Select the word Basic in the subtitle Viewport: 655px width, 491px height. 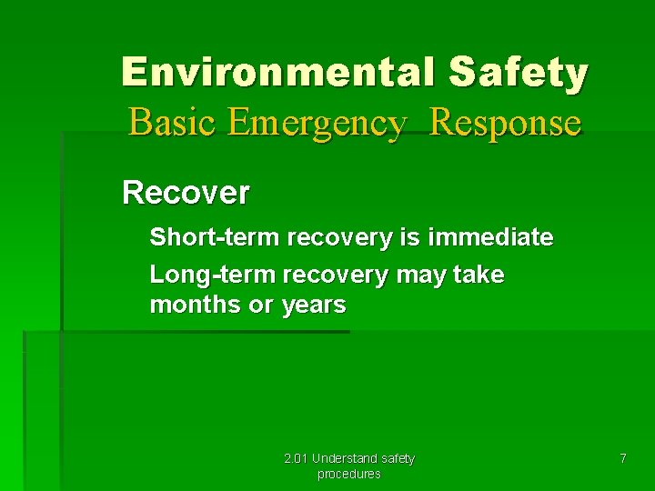(x=174, y=122)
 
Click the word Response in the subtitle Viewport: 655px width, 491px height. (x=505, y=122)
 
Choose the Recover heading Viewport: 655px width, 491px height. (x=186, y=193)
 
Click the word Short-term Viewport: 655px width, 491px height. (x=215, y=237)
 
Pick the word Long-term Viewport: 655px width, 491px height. (x=213, y=274)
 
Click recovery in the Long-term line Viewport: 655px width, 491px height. (x=336, y=274)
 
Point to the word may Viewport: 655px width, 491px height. (x=420, y=274)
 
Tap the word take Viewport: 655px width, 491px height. (x=479, y=274)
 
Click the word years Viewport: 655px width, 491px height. (x=314, y=305)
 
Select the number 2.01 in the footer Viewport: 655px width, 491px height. (x=296, y=458)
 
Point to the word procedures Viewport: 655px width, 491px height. (x=348, y=474)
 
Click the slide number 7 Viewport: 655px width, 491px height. (x=622, y=458)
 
